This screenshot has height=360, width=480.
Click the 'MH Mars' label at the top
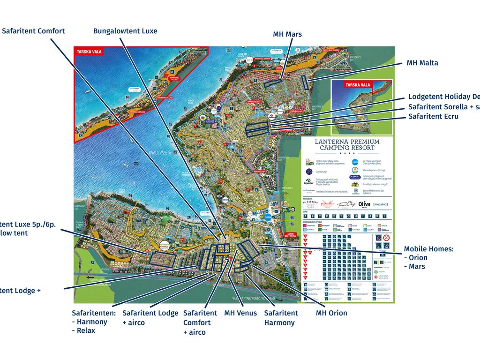(287, 34)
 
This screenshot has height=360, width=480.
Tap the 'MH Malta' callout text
(422, 63)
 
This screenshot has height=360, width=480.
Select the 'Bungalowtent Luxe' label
(125, 31)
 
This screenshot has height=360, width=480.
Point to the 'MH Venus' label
(240, 313)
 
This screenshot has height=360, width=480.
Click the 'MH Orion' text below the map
(331, 313)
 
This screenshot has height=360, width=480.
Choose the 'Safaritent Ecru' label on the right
(433, 117)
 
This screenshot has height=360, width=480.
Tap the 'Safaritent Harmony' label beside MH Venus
(281, 317)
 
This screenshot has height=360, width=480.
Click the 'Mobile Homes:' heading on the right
(428, 249)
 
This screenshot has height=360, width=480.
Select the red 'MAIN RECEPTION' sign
(291, 236)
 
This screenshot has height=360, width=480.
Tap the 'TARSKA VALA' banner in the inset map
(358, 85)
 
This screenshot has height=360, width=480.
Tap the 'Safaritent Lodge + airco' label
(150, 317)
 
